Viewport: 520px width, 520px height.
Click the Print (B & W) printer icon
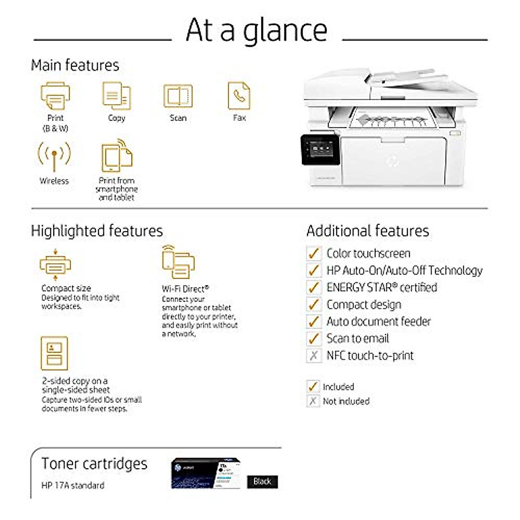pos(55,96)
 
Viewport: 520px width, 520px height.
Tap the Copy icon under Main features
pos(117,96)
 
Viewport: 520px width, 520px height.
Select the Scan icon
pos(178,96)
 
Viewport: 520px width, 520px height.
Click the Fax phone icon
pos(239,96)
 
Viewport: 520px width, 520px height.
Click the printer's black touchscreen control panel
pos(319,149)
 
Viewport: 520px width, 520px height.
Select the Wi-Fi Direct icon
pos(178,263)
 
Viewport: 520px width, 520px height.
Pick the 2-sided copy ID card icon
pos(54,353)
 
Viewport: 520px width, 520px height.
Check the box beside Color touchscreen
pos(313,253)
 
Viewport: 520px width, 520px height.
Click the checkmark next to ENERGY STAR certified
pos(313,287)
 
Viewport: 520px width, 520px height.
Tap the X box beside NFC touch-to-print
pos(313,356)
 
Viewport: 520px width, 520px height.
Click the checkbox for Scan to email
pos(313,338)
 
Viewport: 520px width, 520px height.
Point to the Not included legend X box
pos(313,401)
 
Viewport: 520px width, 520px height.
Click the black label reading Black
pos(263,481)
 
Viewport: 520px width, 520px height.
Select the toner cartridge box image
pos(205,474)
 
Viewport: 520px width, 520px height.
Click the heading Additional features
pos(367,231)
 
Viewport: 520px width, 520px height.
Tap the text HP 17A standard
pos(73,485)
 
